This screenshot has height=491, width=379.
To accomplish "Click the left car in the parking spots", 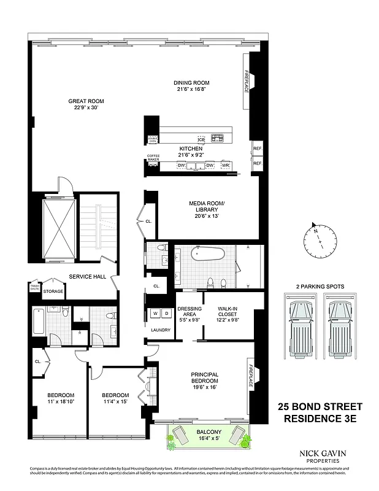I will (301, 323).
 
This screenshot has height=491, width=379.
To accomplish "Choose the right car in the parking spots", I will (337, 323).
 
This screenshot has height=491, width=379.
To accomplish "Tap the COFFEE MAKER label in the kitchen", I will (153, 158).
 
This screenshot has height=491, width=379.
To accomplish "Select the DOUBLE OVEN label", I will (152, 140).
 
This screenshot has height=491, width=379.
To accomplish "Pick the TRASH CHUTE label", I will (34, 288).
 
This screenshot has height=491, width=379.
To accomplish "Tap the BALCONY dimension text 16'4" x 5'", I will (205, 438).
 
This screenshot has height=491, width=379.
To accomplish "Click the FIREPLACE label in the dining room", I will (247, 81).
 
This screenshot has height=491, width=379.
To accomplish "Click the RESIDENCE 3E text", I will (320, 419).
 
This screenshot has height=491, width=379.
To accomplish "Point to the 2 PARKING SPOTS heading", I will (319, 286).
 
